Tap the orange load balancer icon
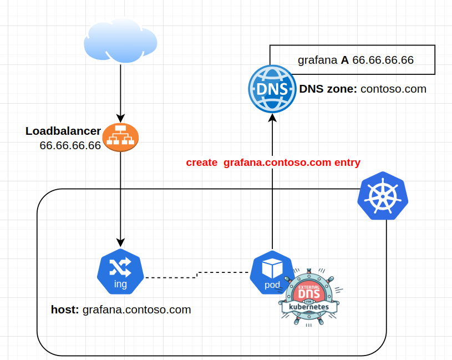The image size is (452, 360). [x=120, y=135]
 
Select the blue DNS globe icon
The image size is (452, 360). [x=271, y=89]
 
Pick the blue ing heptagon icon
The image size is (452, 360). [x=120, y=272]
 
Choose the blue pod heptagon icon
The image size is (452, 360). [x=272, y=272]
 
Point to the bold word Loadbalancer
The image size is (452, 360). [x=63, y=131]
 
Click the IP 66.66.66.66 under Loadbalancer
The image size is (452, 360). [x=70, y=145]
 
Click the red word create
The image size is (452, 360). [x=202, y=163]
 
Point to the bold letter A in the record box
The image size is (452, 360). [x=345, y=60]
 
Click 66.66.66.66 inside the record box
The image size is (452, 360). [x=383, y=60]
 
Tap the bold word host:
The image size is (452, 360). [x=65, y=310]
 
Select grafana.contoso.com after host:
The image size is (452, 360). [x=136, y=310]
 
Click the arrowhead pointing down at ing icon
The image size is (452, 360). [x=120, y=242]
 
